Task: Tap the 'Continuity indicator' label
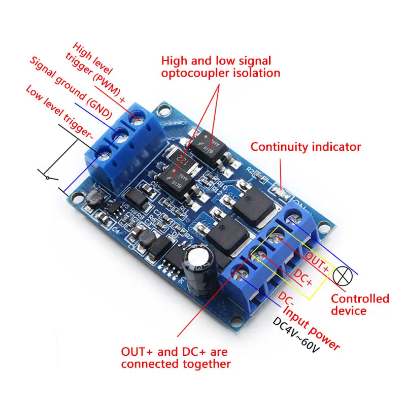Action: pyautogui.click(x=306, y=147)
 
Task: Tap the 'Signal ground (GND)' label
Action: pyautogui.click(x=71, y=86)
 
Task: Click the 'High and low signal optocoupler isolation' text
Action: pyautogui.click(x=221, y=66)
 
